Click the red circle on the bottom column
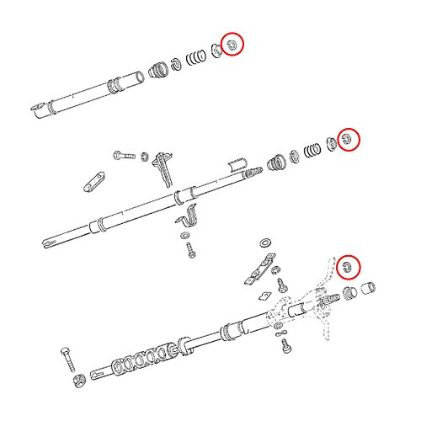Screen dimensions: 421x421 (347, 267)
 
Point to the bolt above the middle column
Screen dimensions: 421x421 (122, 156)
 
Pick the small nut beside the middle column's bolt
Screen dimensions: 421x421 (144, 156)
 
